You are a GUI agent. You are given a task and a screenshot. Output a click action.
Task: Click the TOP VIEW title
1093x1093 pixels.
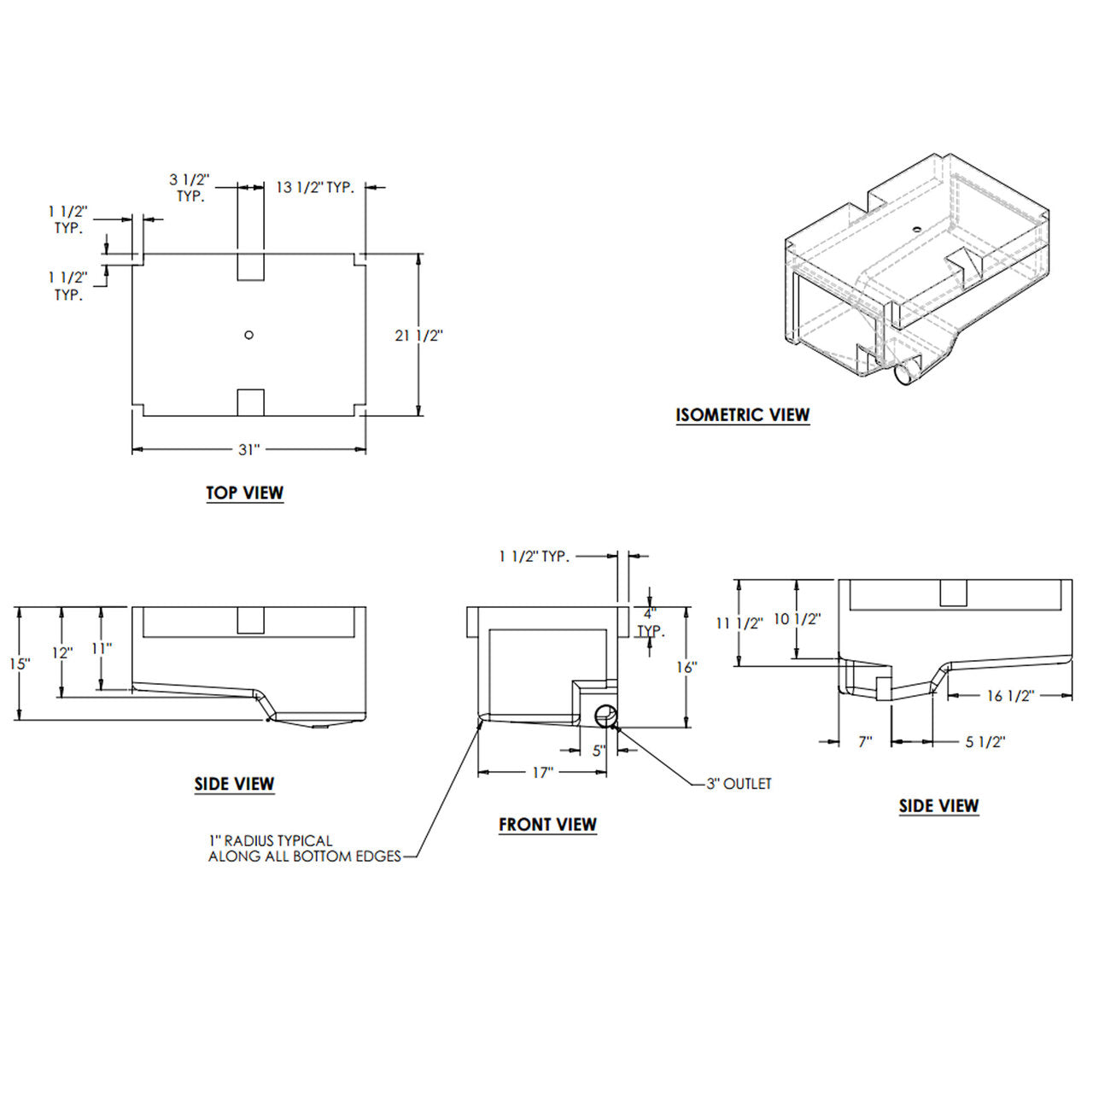coord(244,493)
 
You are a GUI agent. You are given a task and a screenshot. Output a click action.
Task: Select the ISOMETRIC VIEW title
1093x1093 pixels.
coord(742,415)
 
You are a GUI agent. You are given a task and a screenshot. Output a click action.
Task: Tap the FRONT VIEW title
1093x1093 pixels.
coord(547,824)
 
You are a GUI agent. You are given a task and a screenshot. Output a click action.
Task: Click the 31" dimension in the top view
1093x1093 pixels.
coord(248,449)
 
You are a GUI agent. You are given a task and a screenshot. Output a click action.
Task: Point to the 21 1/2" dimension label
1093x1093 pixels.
coord(418,336)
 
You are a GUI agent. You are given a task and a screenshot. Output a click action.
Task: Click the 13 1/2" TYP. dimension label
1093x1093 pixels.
coord(314,187)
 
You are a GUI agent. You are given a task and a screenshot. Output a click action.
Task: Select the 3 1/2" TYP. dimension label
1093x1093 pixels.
coord(190,187)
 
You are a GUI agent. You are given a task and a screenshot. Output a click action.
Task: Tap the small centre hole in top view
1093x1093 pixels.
coord(248,335)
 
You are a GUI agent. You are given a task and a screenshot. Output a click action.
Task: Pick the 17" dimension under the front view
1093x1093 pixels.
coord(543,772)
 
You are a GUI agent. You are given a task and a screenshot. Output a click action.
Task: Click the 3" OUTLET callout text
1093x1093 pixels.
coord(739,784)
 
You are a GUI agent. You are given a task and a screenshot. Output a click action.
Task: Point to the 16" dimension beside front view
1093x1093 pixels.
coord(687,667)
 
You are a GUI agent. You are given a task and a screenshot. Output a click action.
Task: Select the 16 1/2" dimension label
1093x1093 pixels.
coord(1010,695)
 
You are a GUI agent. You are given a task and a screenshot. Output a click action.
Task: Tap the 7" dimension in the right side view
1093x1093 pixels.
coord(865,742)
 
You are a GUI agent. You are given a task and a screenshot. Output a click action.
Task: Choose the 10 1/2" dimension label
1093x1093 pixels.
coord(797,619)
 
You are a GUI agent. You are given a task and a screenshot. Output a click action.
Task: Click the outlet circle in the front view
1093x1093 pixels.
coord(605,716)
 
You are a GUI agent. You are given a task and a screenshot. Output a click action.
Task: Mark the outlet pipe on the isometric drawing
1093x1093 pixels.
coord(907,372)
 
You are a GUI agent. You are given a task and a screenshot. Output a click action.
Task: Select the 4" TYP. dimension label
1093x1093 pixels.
coord(650,622)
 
